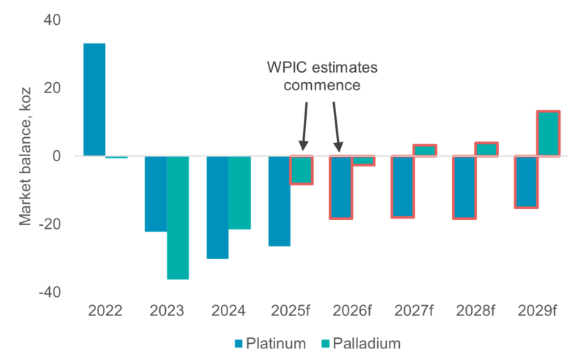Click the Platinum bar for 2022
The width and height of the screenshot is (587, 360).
tap(94, 100)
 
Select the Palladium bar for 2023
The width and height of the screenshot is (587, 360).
tap(178, 217)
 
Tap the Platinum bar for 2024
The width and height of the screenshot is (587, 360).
tap(217, 207)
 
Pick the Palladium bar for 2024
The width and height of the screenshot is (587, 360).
tap(239, 192)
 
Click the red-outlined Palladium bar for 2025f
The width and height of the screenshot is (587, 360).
tap(302, 169)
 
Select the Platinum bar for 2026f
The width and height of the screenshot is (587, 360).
tap(341, 187)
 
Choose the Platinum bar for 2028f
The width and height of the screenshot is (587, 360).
tap(464, 187)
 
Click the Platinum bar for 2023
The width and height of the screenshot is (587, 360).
tap(156, 194)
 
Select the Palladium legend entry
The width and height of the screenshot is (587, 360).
tap(361, 342)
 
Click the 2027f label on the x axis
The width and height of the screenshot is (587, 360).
tap(415, 312)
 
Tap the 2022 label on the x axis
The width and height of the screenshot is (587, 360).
tap(105, 312)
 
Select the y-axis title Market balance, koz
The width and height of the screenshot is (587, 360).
tap(25, 155)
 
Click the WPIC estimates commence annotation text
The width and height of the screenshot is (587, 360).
tap(322, 76)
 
